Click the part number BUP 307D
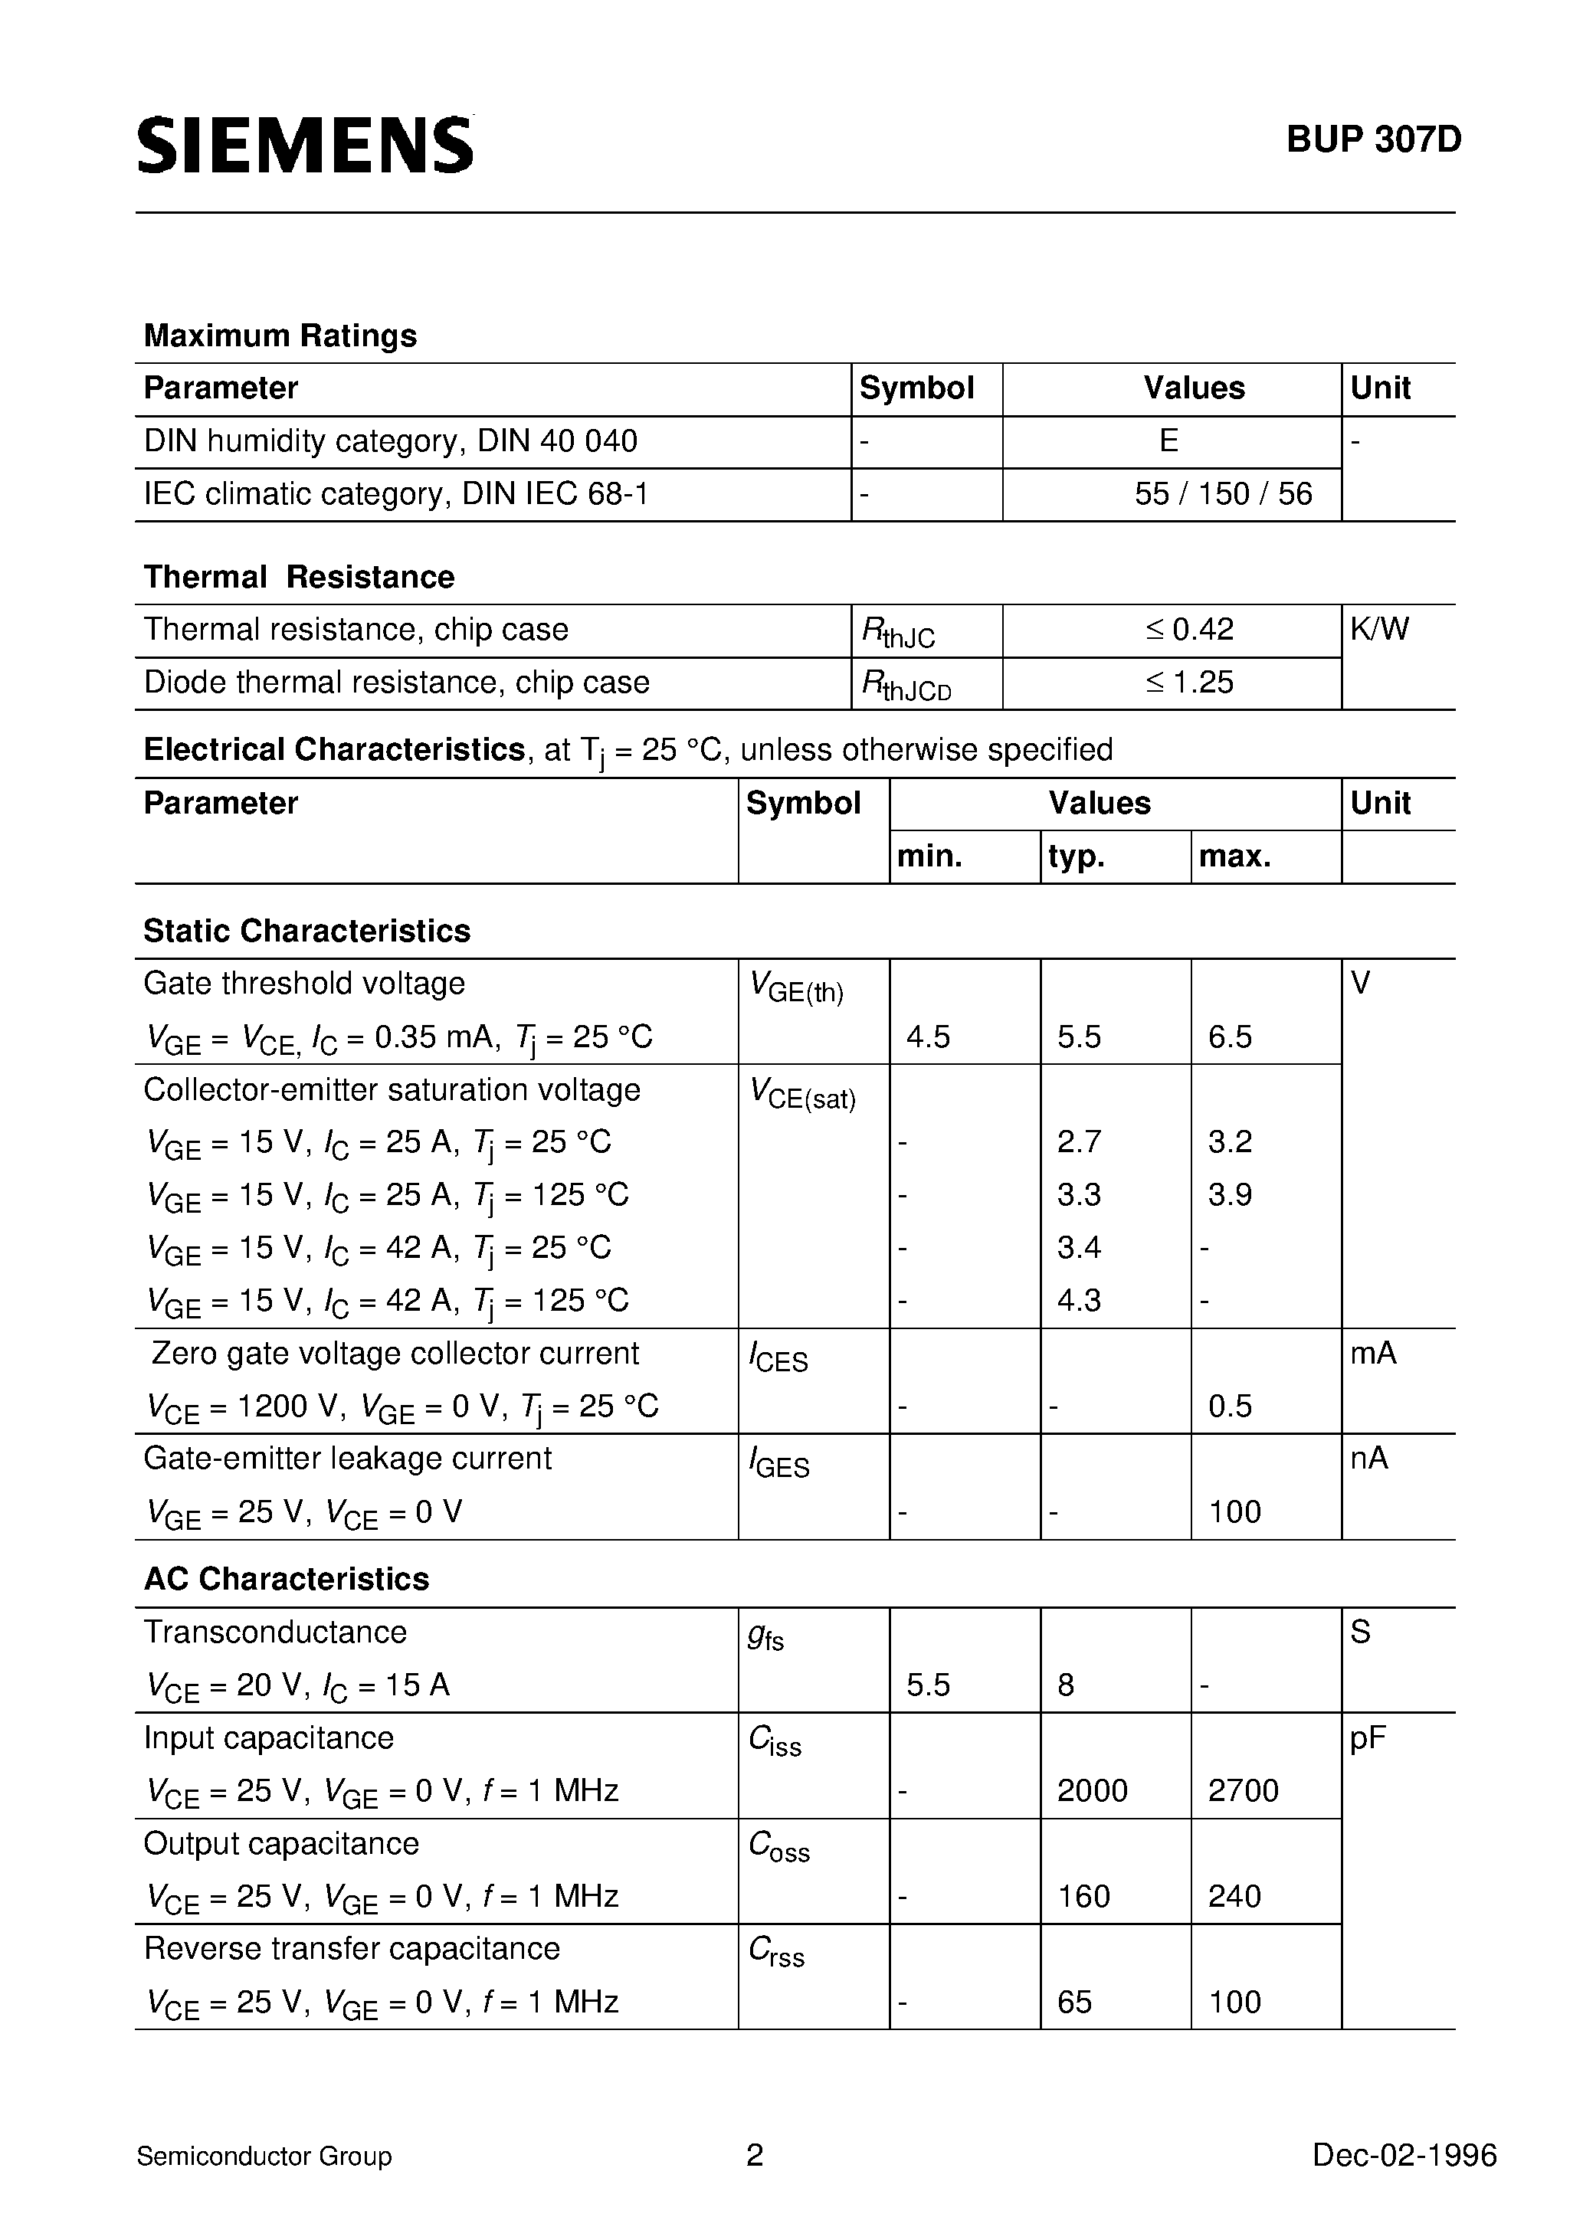point(1373,140)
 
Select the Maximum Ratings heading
point(280,336)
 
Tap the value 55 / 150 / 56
point(1223,493)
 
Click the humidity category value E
point(1168,441)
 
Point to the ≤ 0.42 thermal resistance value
point(1190,629)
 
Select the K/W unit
point(1379,629)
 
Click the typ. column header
point(1076,856)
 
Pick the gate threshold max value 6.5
point(1230,1036)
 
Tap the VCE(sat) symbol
point(802,1095)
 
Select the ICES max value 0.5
point(1230,1406)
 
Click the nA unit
point(1368,1459)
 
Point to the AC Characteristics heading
point(286,1579)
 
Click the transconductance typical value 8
point(1066,1685)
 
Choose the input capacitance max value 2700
point(1242,1790)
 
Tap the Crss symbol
point(776,1951)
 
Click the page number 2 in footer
point(755,2155)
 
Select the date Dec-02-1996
point(1404,2155)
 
